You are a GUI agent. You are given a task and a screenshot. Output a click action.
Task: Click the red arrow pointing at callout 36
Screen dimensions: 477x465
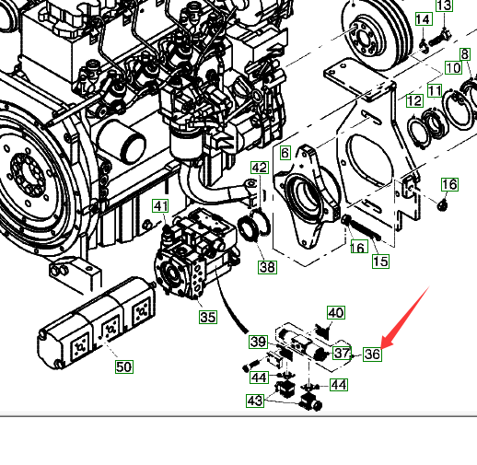(404, 318)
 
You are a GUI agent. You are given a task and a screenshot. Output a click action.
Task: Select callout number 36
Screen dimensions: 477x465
(372, 355)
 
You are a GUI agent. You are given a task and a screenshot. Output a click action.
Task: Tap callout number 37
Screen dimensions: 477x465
(342, 353)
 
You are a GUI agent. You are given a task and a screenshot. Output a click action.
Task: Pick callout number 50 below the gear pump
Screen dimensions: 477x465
(124, 366)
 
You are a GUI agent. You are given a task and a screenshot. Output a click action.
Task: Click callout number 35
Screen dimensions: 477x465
(208, 317)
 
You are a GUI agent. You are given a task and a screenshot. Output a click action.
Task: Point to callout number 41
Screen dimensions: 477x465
(161, 205)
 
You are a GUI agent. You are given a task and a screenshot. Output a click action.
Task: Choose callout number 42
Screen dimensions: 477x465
(260, 168)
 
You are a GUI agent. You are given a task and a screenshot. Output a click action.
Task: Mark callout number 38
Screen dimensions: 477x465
(267, 267)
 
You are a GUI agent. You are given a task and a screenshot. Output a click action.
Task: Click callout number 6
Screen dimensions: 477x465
(285, 153)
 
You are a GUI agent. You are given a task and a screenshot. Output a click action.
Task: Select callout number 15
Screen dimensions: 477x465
(380, 262)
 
